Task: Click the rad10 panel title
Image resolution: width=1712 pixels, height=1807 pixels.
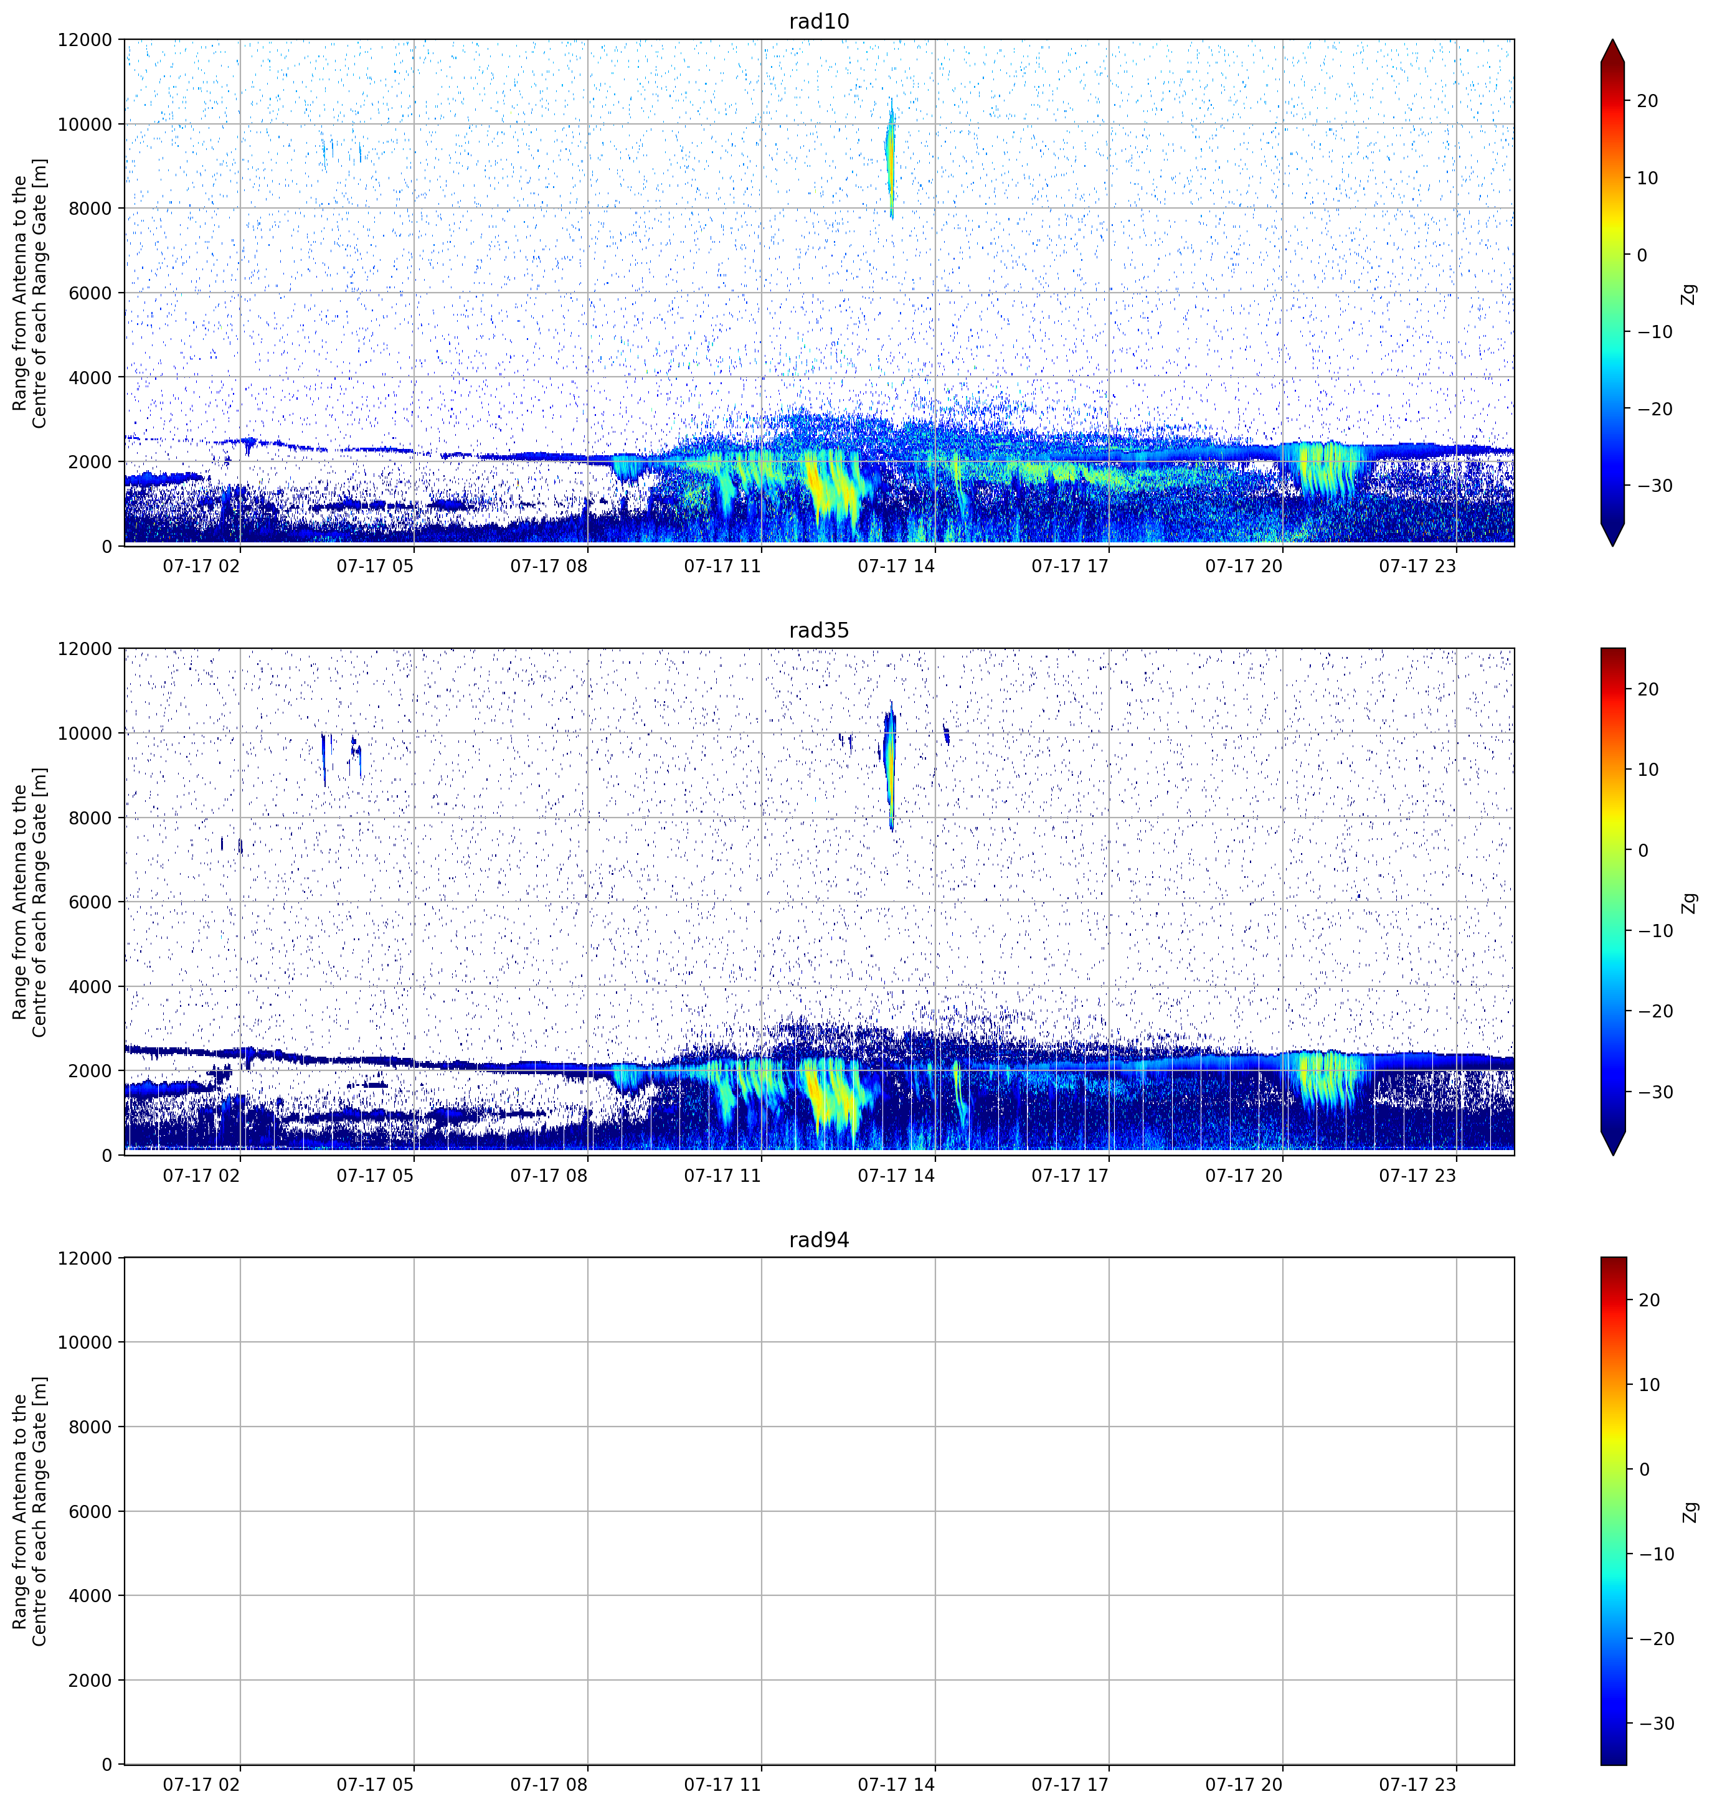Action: [x=818, y=21]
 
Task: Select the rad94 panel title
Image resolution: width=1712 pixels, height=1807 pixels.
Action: [x=818, y=1239]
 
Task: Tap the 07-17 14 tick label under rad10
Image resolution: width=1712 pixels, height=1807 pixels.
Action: [x=896, y=566]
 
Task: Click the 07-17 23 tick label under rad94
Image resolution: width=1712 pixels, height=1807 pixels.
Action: [x=1417, y=1784]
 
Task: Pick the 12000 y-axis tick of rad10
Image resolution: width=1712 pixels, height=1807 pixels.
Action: [x=85, y=40]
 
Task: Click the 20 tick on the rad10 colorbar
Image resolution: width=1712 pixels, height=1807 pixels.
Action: [x=1647, y=101]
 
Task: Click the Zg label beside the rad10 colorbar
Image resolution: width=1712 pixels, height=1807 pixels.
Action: [x=1689, y=294]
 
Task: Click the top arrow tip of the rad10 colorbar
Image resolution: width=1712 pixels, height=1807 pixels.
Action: [x=1612, y=40]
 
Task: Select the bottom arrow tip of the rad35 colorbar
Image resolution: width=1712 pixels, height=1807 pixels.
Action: [x=1612, y=1154]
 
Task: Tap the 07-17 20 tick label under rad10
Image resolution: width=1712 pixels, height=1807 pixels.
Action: [x=1244, y=566]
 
